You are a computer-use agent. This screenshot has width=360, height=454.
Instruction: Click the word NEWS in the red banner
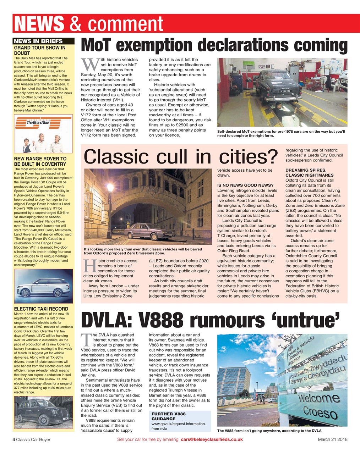(x=39, y=24)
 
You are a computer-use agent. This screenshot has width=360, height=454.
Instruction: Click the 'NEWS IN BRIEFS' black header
(x=38, y=41)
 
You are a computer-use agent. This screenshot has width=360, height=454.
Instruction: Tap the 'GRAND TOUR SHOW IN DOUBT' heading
(x=39, y=50)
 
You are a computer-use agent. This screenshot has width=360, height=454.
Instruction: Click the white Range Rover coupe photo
(x=43, y=286)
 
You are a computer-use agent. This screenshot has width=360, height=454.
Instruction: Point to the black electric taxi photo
(x=43, y=413)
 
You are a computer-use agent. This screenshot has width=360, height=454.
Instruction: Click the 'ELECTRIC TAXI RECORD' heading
(x=41, y=309)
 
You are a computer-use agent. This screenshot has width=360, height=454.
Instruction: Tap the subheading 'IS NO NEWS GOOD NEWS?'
(x=245, y=185)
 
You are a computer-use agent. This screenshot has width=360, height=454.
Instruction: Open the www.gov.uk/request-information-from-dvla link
(x=179, y=426)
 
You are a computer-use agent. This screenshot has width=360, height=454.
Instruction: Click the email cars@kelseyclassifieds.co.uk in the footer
(x=212, y=439)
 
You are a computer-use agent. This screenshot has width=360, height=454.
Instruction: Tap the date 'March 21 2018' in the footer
(x=332, y=439)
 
